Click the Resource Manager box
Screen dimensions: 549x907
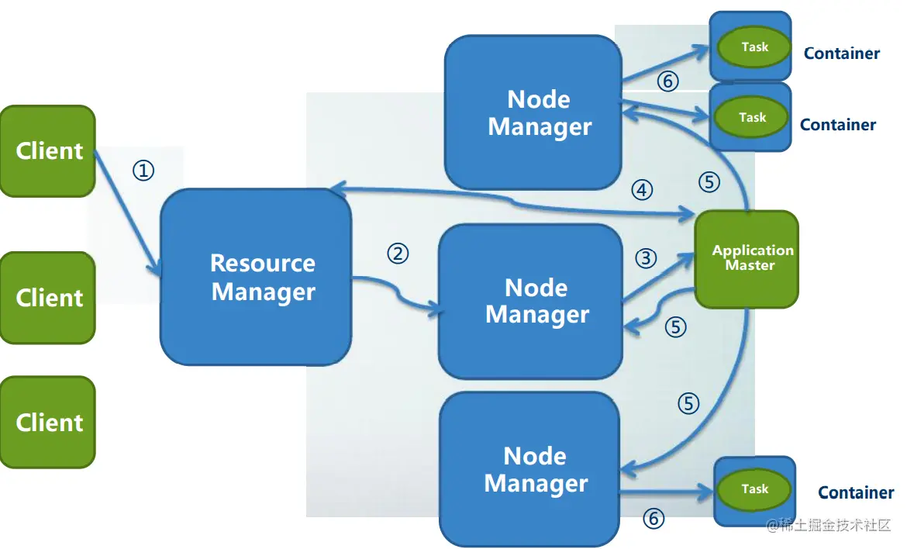click(x=256, y=277)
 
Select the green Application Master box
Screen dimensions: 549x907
click(x=747, y=259)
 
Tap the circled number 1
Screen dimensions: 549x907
click(x=143, y=171)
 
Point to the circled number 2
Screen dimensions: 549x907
click(x=398, y=254)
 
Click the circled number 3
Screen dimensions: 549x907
click(x=646, y=258)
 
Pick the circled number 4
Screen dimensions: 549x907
click(x=642, y=190)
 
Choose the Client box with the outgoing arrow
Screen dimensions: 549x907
click(x=48, y=151)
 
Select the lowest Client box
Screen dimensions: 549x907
click(x=48, y=423)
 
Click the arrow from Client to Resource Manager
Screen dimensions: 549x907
click(x=128, y=212)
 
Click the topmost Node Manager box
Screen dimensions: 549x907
click(x=534, y=112)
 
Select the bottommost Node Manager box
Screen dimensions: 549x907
click(x=530, y=468)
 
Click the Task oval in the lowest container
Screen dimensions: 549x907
click(x=754, y=489)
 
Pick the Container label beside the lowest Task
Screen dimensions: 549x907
click(x=856, y=493)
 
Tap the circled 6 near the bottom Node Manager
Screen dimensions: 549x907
click(x=654, y=519)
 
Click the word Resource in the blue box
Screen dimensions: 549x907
click(x=263, y=264)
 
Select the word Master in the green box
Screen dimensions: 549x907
click(x=750, y=265)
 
